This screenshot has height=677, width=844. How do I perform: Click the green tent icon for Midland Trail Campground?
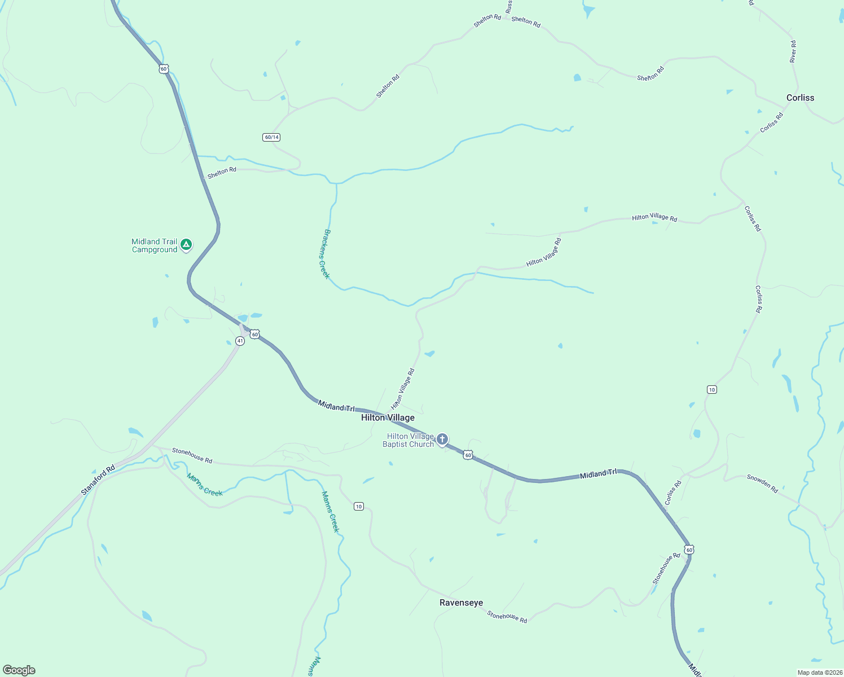coord(186,245)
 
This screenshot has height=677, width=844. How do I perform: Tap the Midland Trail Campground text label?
coord(154,245)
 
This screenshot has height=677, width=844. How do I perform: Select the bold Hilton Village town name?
coord(388,417)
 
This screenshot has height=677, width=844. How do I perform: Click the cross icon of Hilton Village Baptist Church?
coord(442,439)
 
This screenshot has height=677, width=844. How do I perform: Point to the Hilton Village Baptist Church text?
coord(408,440)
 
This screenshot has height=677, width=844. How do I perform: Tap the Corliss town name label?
coord(800,98)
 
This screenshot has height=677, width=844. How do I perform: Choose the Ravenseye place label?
coord(461,603)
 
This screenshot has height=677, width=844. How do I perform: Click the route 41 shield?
coord(240,341)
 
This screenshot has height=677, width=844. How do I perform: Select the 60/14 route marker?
coord(271,137)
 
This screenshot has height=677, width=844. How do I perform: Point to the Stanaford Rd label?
coord(98,480)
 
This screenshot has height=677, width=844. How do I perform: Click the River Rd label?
coord(793,51)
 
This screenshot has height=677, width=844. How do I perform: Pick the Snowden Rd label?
coord(762,483)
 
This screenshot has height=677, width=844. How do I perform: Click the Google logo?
coord(19,670)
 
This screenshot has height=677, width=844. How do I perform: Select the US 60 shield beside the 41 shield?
coord(255,335)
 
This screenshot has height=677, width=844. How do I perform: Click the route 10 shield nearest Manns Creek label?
coord(359,506)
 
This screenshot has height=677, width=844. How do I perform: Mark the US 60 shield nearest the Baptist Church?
coord(468,455)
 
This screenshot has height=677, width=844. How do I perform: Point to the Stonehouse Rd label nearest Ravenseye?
coord(507,617)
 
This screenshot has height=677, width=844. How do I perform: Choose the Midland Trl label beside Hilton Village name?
coord(336,406)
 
